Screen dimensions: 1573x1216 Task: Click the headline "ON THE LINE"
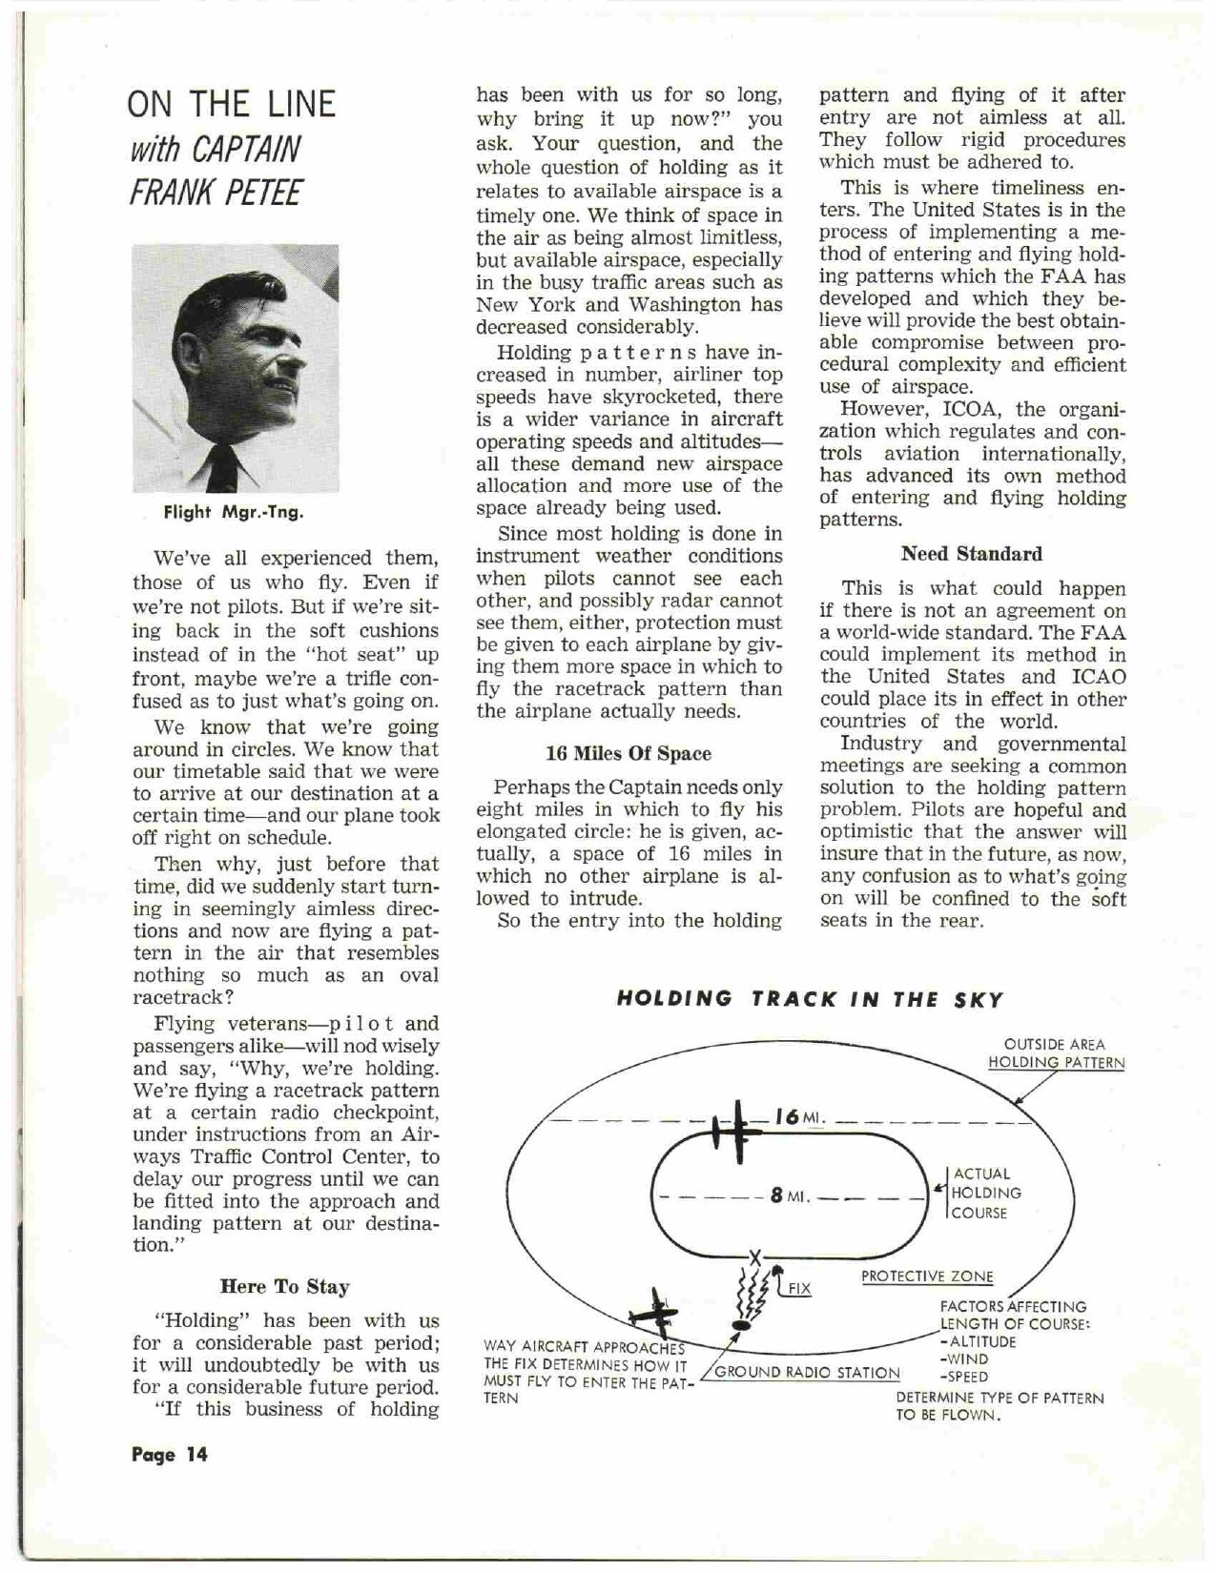pyautogui.click(x=232, y=104)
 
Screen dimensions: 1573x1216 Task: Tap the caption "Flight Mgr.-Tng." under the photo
pyautogui.click(x=234, y=512)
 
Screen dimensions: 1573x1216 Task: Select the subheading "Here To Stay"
pyautogui.click(x=284, y=1287)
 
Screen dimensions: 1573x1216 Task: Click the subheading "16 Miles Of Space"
pyautogui.click(x=628, y=753)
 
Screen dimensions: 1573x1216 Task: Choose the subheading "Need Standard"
pyautogui.click(x=971, y=554)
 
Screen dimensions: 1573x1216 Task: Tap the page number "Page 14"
pyautogui.click(x=169, y=1455)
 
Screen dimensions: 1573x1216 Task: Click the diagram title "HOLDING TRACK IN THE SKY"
pyautogui.click(x=810, y=999)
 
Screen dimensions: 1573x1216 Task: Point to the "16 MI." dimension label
pyautogui.click(x=798, y=1116)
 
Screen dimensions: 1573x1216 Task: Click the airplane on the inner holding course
pyautogui.click(x=738, y=1132)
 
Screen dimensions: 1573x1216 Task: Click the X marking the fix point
pyautogui.click(x=755, y=1256)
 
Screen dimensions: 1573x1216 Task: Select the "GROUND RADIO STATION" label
pyautogui.click(x=807, y=1373)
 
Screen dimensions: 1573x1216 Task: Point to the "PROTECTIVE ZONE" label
pyautogui.click(x=926, y=1277)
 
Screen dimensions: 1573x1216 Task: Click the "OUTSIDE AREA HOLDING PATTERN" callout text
pyautogui.click(x=1055, y=1053)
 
